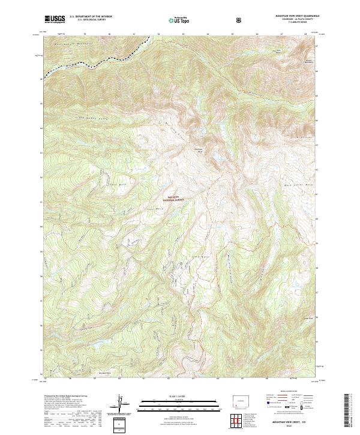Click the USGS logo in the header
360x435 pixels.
(55, 19)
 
